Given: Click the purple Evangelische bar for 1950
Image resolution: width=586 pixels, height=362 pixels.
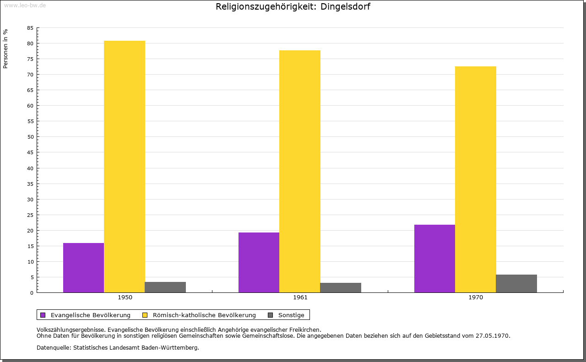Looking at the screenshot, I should point(83,268).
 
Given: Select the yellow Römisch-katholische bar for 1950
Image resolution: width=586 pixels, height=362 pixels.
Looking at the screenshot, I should point(125,167).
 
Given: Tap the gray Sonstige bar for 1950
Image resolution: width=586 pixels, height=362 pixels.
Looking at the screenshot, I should point(165,287).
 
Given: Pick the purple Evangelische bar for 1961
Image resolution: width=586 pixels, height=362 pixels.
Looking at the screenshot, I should point(259,262).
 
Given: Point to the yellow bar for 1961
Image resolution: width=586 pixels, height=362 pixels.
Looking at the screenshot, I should point(300,171).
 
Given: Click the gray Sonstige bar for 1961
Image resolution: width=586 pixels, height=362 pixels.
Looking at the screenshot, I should point(341,287).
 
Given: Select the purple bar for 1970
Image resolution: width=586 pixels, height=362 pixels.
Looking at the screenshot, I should point(434,259).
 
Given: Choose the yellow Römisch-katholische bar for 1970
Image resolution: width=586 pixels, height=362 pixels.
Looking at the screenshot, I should point(475,179).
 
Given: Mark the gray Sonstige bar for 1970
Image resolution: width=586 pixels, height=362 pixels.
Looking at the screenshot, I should point(516,283).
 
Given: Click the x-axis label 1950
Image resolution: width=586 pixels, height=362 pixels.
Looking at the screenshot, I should point(125,297).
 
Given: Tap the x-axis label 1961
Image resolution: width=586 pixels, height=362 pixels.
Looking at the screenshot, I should point(300,297).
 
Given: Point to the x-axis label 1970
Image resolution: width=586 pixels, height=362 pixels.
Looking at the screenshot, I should point(476,297).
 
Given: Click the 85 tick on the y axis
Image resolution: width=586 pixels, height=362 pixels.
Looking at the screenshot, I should point(30,28).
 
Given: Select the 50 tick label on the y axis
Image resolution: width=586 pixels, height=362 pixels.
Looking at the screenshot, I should point(30,137).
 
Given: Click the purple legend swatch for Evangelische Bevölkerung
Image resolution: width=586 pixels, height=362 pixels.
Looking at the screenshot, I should point(43,315).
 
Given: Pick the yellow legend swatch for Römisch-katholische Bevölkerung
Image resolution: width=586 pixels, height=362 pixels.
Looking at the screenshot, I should point(145,315).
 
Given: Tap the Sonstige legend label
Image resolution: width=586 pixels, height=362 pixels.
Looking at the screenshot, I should point(291,315).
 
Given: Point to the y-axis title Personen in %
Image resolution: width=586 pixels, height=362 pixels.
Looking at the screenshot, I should point(5,49).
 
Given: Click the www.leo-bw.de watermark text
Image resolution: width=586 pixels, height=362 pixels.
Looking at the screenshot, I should point(25,4).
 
